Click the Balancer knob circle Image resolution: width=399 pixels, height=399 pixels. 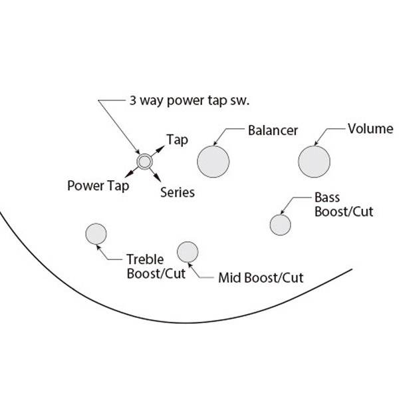213,162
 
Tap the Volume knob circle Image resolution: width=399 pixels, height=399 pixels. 314,162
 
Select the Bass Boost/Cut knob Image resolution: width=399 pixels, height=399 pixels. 281,225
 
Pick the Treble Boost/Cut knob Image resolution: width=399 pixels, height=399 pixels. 96,234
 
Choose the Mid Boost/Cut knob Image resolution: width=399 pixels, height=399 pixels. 188,251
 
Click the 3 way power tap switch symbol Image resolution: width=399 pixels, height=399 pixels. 144,162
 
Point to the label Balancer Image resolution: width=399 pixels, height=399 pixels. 273,130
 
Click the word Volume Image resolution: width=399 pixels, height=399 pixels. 370,128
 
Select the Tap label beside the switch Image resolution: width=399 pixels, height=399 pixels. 177,140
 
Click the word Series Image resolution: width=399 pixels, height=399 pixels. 178,192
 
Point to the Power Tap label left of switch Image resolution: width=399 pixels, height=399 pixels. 98,185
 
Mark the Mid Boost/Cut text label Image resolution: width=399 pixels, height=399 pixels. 261,277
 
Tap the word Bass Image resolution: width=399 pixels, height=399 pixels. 327,198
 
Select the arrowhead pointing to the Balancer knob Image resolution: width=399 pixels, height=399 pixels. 216,144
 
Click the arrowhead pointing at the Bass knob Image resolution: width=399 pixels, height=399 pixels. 285,212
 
